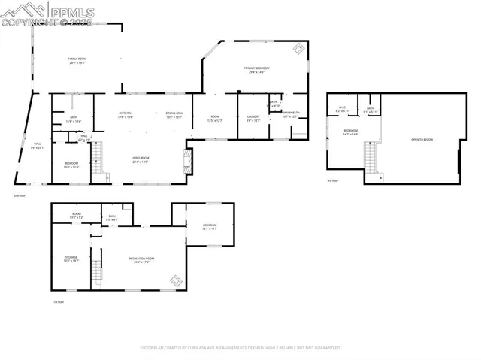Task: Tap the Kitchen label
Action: pos(126,115)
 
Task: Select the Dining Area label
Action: pos(174,115)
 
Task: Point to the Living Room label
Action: pos(140,159)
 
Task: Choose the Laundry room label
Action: pos(253,118)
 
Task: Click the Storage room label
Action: pos(71,259)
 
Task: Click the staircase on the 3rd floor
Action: pos(370,156)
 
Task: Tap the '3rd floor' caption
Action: pos(332,181)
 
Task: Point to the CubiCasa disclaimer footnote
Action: pos(240,348)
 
